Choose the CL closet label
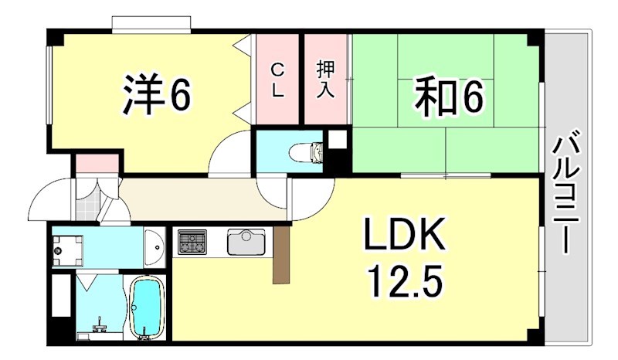pos(277,80)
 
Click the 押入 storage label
pos(325,80)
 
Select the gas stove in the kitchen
pos(193,243)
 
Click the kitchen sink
pos(246,243)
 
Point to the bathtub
pos(146,307)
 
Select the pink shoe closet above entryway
pos(97,164)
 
